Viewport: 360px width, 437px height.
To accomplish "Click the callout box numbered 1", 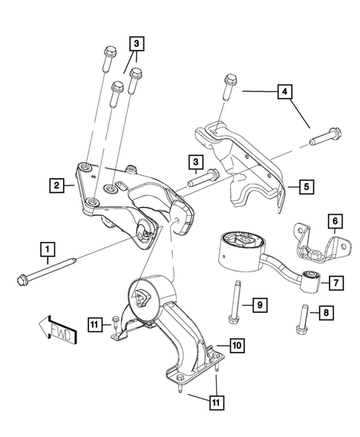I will pyautogui.click(x=48, y=247).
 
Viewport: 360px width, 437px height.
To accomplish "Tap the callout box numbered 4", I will pyautogui.click(x=284, y=93).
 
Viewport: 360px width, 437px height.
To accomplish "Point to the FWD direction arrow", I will pyautogui.click(x=56, y=330).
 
